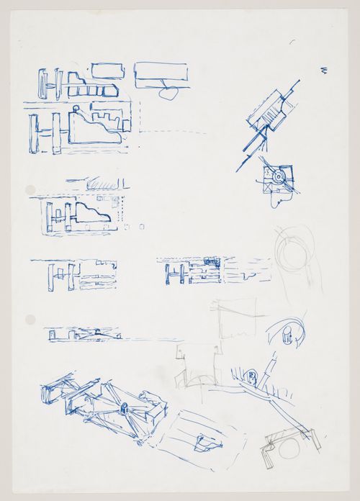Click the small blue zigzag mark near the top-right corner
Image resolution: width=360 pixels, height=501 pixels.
pos(325,70)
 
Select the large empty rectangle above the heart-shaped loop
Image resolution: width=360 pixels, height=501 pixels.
pos(161,73)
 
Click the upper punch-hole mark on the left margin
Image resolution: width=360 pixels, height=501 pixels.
pos(30,190)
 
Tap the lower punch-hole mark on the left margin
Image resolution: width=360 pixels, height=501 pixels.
pos(30,319)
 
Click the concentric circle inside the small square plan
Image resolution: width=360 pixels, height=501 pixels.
pos(278,175)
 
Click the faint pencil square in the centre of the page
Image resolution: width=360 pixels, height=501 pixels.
pos(233,318)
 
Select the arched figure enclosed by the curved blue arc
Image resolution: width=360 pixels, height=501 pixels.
pos(287,335)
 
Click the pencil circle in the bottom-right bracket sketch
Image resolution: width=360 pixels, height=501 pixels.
pos(287,449)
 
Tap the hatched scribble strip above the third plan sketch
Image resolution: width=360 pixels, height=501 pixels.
pos(102,184)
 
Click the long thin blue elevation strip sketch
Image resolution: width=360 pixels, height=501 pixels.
pos(83,334)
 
